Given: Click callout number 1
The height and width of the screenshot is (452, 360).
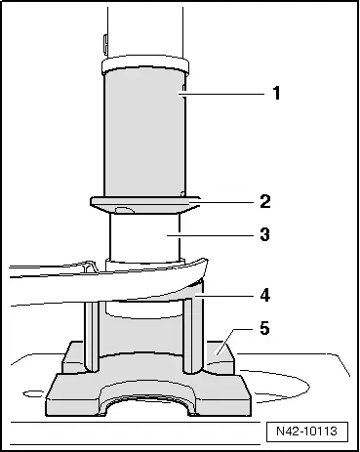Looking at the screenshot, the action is [x=276, y=93].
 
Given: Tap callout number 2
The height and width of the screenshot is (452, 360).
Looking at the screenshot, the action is [x=265, y=201].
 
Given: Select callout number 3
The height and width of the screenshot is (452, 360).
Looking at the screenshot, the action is [x=265, y=234].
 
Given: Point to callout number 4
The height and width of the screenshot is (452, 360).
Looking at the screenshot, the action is [x=265, y=296].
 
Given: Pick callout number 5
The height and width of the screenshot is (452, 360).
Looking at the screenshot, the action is [x=265, y=328].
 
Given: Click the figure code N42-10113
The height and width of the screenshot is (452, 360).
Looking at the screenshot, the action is [x=307, y=431].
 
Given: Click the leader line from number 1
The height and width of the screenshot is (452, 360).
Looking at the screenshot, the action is [x=221, y=94].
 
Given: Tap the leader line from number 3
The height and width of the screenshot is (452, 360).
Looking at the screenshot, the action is [x=210, y=234].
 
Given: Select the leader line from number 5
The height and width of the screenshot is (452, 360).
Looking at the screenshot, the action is [x=235, y=340].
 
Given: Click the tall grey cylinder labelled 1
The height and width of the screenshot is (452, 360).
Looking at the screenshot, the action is [x=144, y=134].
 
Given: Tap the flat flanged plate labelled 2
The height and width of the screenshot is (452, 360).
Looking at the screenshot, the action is [x=145, y=205].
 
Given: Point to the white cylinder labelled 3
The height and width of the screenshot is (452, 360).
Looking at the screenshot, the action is [x=144, y=237].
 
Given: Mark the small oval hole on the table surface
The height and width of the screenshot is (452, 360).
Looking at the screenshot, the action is [x=33, y=394].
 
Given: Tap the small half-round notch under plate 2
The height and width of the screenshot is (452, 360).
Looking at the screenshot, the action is [x=125, y=211].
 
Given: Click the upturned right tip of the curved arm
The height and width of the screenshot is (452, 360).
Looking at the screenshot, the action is [x=204, y=265].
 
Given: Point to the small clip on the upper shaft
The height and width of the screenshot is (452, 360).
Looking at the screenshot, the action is [x=105, y=44].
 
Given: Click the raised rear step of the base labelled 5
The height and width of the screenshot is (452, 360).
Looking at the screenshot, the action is [x=220, y=355].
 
